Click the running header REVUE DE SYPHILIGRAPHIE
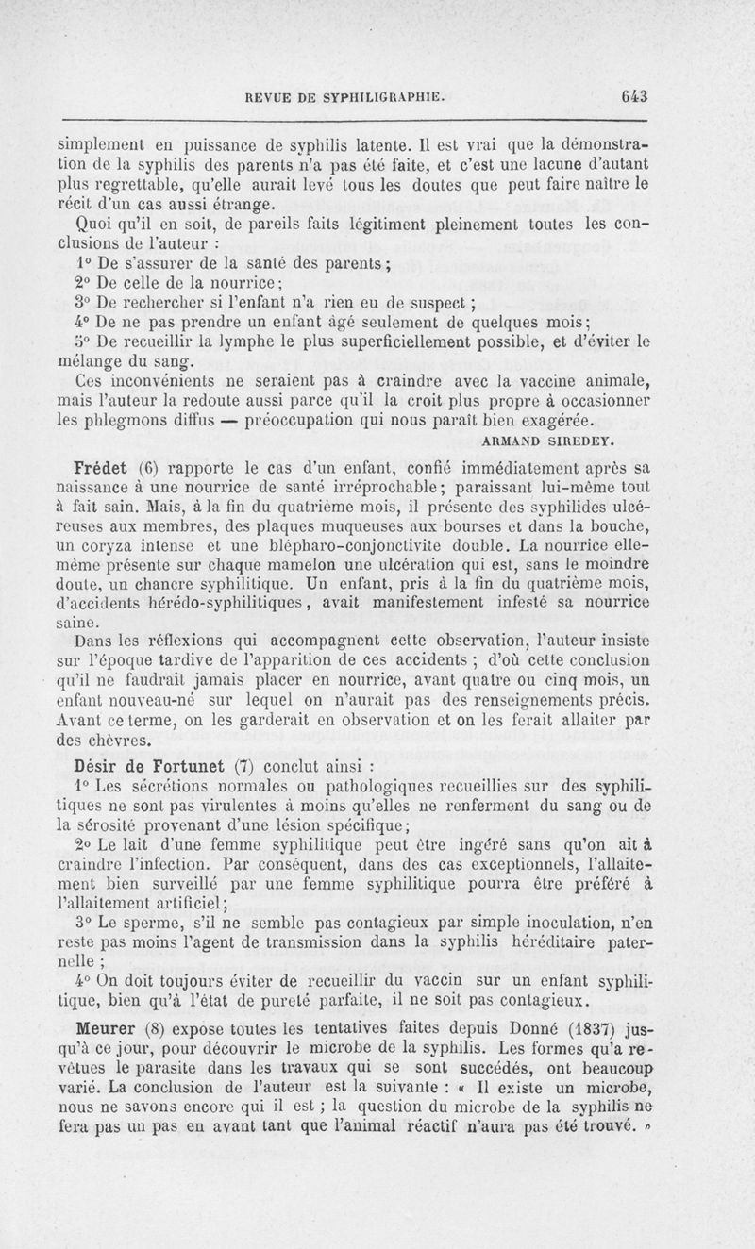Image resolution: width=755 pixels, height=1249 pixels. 344,95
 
